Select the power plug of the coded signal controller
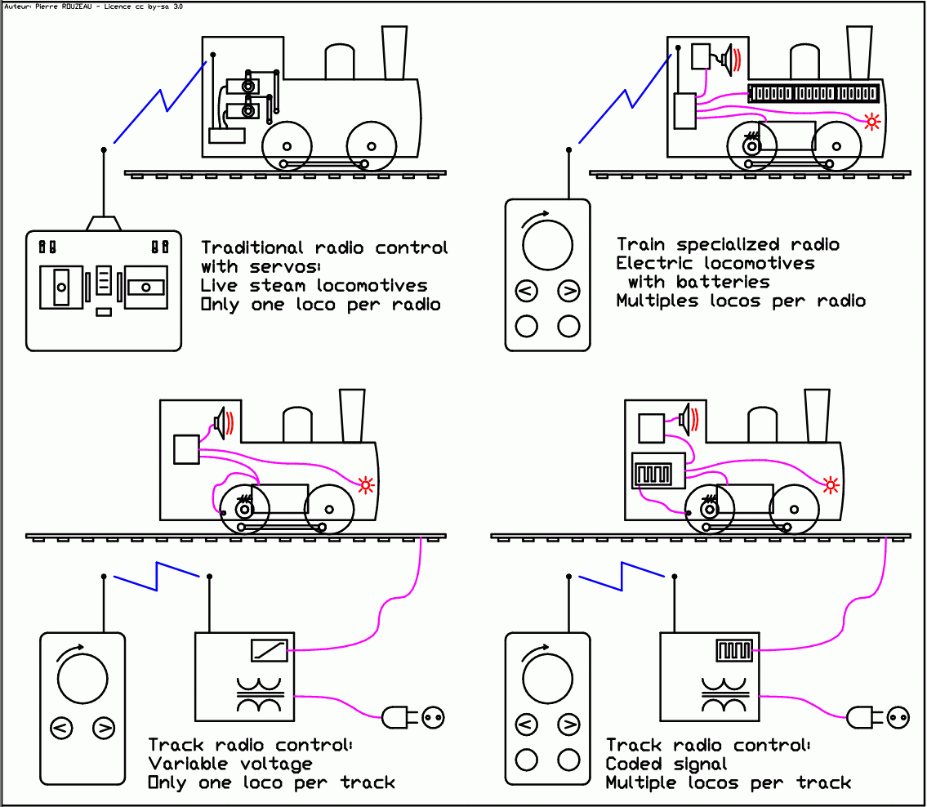tap(862, 718)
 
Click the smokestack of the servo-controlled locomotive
tap(394, 52)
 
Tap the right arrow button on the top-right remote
tap(568, 291)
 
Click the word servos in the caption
tap(290, 267)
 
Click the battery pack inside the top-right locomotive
tap(813, 94)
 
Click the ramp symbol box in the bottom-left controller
tap(269, 650)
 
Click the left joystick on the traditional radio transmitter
tap(61, 287)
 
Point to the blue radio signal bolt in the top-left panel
tap(160, 102)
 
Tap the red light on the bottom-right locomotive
tap(831, 485)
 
